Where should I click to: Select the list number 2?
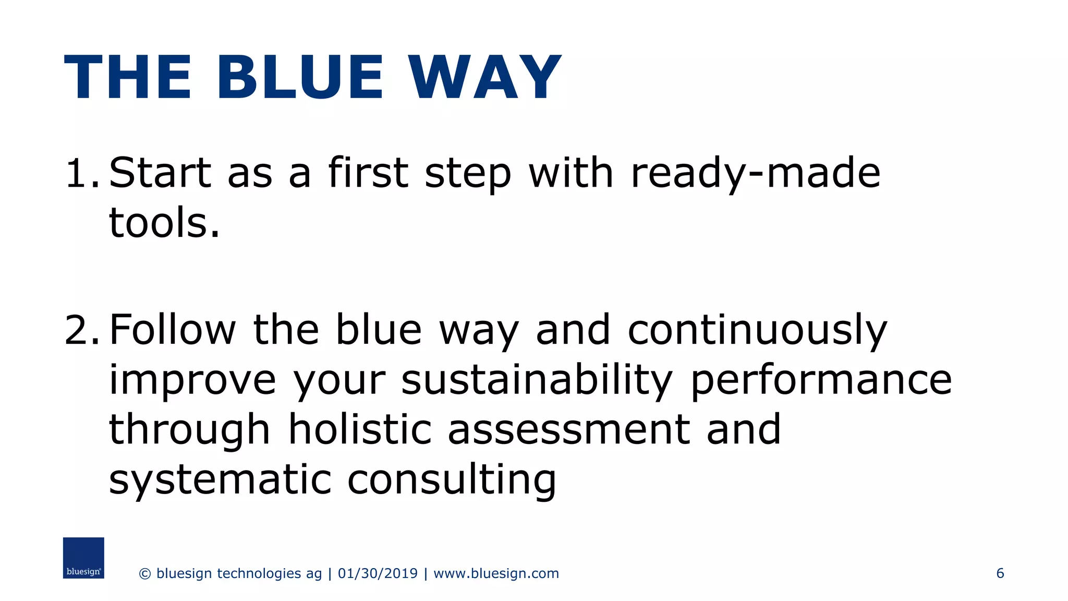(x=80, y=330)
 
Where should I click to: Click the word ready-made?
(x=755, y=174)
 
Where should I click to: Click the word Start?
(x=160, y=173)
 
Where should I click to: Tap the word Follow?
(x=173, y=330)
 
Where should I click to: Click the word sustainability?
(x=537, y=381)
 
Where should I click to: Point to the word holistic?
(x=360, y=430)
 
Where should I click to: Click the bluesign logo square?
(x=83, y=558)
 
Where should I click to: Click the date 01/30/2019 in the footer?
(x=378, y=573)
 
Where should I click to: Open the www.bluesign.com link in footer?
(x=496, y=573)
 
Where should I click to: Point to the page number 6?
(x=1000, y=573)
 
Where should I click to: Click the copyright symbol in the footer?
(x=145, y=574)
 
